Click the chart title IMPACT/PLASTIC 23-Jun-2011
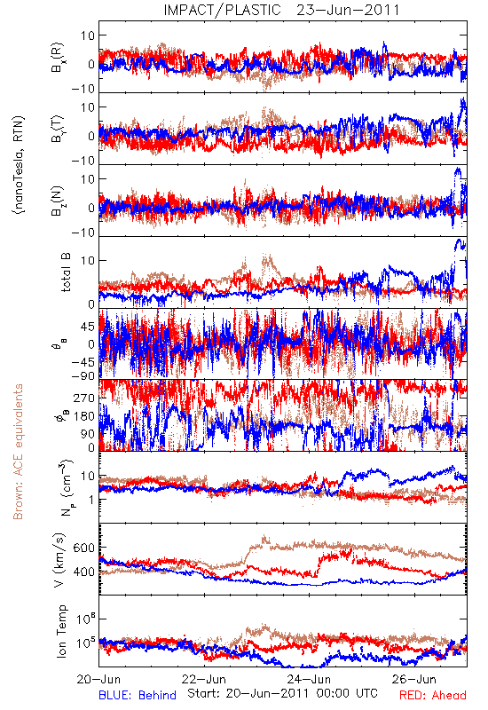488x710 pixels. (x=281, y=10)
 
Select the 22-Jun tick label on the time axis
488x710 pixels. (x=204, y=680)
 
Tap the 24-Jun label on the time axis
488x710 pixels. (x=309, y=680)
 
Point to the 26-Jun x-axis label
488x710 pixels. (x=414, y=680)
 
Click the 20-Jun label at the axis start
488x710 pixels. (x=98, y=680)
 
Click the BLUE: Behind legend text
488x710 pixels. (x=138, y=696)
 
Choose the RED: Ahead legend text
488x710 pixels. (x=433, y=696)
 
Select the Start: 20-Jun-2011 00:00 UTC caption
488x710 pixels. (x=282, y=694)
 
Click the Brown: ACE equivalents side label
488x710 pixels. (x=18, y=452)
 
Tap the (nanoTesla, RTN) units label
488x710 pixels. (x=19, y=164)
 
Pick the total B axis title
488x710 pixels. (x=66, y=272)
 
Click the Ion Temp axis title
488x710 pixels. (x=61, y=631)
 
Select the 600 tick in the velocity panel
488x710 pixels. (x=84, y=548)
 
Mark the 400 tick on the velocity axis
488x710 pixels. (x=84, y=572)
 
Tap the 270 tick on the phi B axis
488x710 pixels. (x=84, y=398)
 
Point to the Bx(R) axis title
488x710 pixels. (x=58, y=58)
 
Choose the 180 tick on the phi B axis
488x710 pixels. (x=84, y=416)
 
